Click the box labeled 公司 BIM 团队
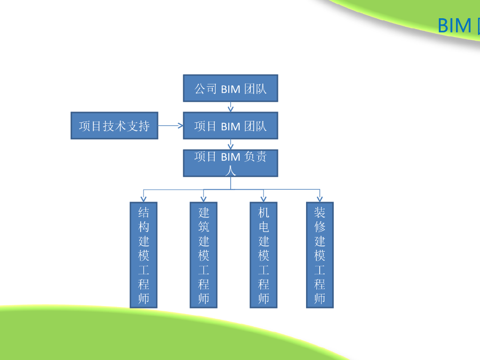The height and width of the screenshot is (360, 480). pos(230,88)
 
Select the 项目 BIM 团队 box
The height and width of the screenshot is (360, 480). pos(230,126)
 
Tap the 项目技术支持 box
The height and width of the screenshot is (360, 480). pos(114,126)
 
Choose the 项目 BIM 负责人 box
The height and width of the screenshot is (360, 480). pos(230,163)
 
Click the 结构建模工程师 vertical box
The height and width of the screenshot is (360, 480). pos(143,255)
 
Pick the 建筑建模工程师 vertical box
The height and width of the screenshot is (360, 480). pos(203,255)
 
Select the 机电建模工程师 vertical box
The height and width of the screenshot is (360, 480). pos(263,255)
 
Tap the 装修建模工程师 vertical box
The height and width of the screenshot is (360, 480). pos(320,255)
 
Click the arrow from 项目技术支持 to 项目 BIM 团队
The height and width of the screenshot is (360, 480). pos(170,126)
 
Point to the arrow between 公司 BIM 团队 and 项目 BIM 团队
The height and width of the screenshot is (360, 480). pos(230,107)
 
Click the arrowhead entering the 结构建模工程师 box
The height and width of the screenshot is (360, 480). pos(143,199)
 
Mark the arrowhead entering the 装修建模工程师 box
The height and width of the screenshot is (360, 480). pos(320,199)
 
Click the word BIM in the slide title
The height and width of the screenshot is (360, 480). pos(454,25)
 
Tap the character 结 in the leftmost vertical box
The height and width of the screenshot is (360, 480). pos(143,213)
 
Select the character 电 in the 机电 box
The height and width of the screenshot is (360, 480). pos(263,227)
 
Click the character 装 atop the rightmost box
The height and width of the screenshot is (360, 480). pos(320,213)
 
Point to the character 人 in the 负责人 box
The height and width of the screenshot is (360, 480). pos(230,170)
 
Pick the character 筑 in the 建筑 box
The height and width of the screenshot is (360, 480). pos(203,227)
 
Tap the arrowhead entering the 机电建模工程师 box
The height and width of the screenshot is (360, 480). pos(263,199)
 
